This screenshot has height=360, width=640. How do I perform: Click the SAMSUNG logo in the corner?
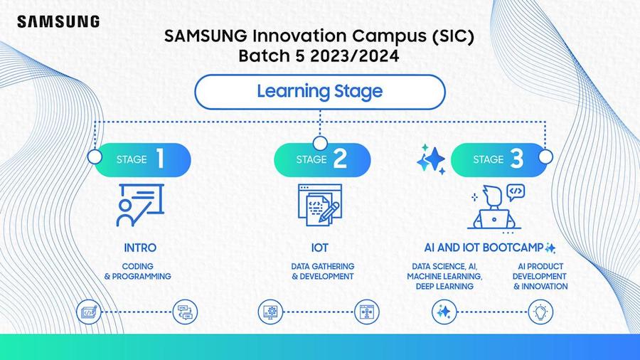pyautogui.click(x=58, y=21)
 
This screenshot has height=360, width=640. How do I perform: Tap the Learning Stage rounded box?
pyautogui.click(x=319, y=92)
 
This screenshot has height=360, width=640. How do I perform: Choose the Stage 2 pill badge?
pyautogui.click(x=322, y=159)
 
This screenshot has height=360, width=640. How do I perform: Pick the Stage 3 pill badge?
pyautogui.click(x=498, y=159)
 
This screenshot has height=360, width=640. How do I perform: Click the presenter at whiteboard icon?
pyautogui.click(x=140, y=205)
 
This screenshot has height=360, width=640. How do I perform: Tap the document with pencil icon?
pyautogui.click(x=319, y=205)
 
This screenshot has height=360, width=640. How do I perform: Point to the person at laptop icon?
pyautogui.click(x=494, y=208)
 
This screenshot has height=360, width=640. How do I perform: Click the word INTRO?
pyautogui.click(x=140, y=248)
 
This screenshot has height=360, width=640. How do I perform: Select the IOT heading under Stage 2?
pyautogui.click(x=319, y=248)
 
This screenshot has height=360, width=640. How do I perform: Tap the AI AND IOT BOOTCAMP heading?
pyautogui.click(x=484, y=248)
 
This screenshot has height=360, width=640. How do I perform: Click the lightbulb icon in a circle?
pyautogui.click(x=541, y=312)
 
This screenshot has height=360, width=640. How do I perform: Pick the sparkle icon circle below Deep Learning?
pyautogui.click(x=444, y=312)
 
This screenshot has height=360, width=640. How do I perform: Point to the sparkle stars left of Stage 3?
pyautogui.click(x=431, y=159)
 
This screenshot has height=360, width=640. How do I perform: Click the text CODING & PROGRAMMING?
pyautogui.click(x=137, y=272)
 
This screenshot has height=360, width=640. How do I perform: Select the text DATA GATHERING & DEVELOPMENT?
pyautogui.click(x=322, y=272)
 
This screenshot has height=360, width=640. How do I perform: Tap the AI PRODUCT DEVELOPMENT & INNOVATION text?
pyautogui.click(x=540, y=276)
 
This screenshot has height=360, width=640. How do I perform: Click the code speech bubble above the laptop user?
pyautogui.click(x=516, y=192)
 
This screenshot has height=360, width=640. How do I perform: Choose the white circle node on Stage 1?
pyautogui.click(x=95, y=157)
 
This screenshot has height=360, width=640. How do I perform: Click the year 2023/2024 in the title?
pyautogui.click(x=354, y=56)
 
